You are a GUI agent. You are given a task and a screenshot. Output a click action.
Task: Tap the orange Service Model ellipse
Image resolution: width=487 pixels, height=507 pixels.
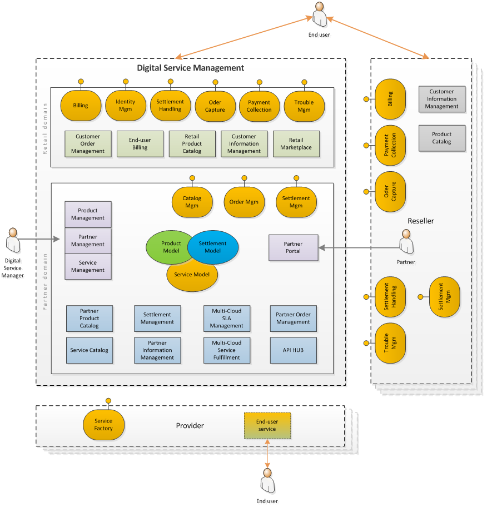point(192,277)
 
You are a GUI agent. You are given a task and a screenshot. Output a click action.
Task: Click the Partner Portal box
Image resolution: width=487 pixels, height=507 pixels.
point(293,247)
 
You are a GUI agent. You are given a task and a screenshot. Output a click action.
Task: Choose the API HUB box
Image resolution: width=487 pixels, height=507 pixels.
point(293,350)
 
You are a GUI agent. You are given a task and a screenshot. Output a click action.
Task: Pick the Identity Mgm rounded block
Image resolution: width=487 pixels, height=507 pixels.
point(125,106)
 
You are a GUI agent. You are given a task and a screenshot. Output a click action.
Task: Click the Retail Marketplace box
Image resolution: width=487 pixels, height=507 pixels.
point(296,144)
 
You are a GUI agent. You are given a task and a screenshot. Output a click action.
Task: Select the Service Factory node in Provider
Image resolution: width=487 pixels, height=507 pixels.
point(103,425)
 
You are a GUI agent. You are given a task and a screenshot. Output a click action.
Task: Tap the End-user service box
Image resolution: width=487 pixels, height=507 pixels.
point(267,425)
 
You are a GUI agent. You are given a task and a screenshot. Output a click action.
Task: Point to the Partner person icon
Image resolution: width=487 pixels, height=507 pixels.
point(406,243)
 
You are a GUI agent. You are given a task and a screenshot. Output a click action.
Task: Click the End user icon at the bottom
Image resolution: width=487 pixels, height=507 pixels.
point(267,480)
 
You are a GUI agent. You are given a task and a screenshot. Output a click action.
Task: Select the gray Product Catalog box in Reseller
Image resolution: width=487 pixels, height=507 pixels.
point(441,138)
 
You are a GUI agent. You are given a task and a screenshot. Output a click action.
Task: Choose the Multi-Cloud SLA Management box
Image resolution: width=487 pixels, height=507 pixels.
point(226,318)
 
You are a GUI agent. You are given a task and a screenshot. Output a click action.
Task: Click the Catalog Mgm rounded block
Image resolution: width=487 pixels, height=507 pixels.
point(192,202)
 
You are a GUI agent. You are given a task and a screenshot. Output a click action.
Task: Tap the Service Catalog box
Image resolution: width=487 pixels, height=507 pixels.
point(89,350)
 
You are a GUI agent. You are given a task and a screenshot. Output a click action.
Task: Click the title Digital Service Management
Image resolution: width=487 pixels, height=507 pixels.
point(191,68)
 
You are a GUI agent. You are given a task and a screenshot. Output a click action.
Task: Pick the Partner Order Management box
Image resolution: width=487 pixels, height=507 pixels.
point(293,318)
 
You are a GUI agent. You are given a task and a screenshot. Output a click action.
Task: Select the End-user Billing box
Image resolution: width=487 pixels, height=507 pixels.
point(140,144)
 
